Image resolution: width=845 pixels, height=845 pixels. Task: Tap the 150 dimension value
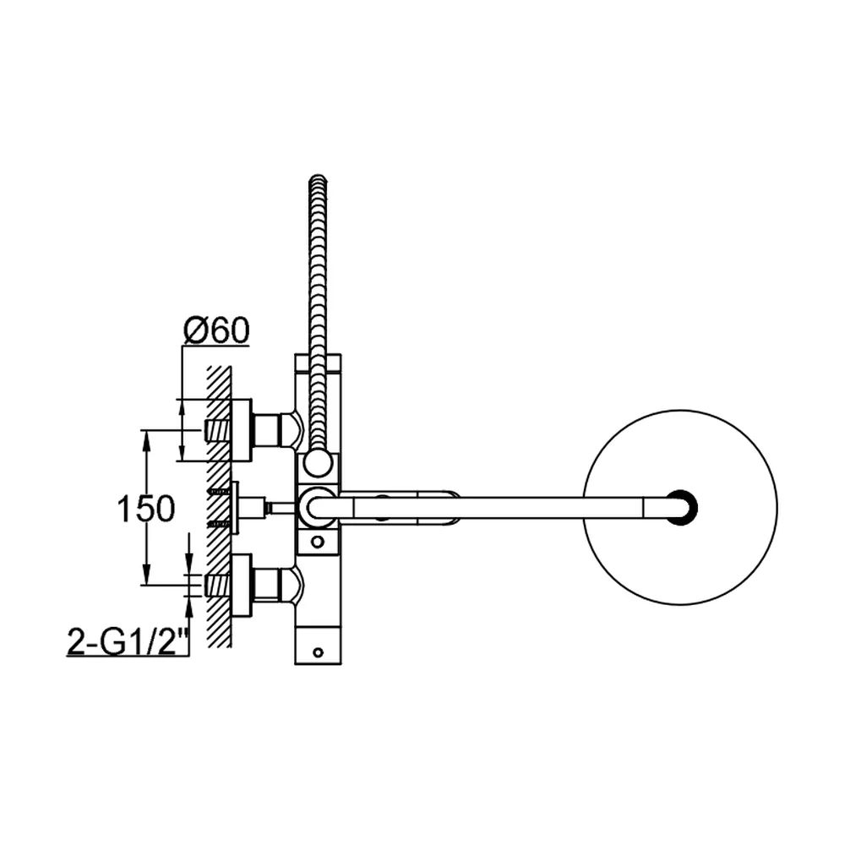146,509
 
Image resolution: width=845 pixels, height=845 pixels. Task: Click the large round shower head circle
680,508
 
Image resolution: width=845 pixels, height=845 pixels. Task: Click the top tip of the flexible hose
318,177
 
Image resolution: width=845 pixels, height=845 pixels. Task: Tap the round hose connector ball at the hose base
318,463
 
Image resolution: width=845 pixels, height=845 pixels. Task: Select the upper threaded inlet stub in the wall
218,430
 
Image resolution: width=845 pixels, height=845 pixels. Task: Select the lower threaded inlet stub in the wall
218,586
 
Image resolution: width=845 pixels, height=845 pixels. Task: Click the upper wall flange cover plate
241,430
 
